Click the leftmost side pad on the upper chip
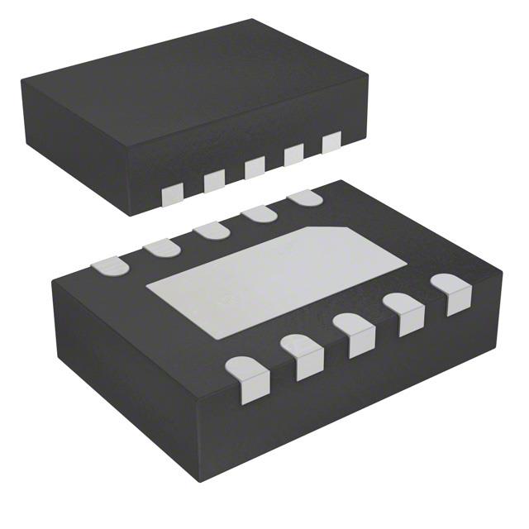click(173, 193)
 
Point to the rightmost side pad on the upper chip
click(331, 142)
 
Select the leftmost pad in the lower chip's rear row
click(110, 265)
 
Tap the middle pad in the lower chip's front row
click(358, 333)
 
